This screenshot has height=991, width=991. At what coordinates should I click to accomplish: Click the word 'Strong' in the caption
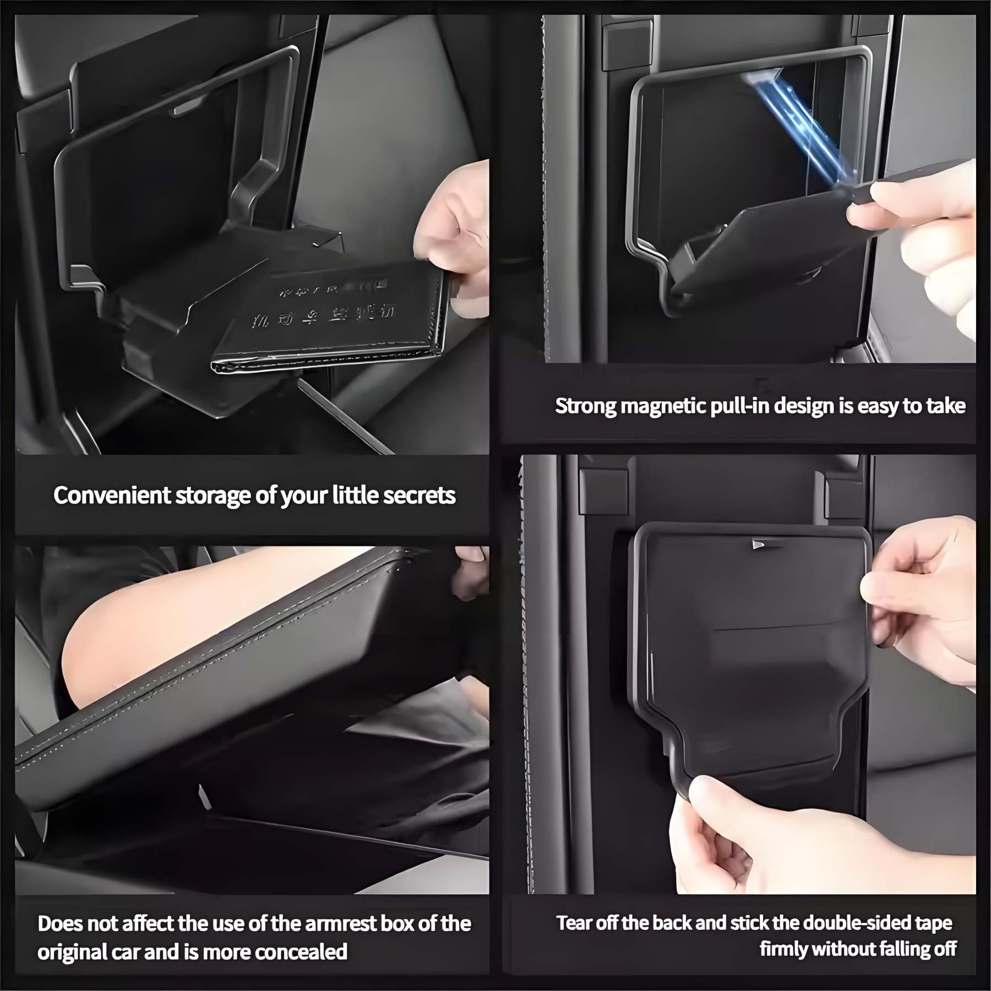(585, 406)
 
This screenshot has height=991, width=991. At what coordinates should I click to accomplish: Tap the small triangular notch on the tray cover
(759, 544)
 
